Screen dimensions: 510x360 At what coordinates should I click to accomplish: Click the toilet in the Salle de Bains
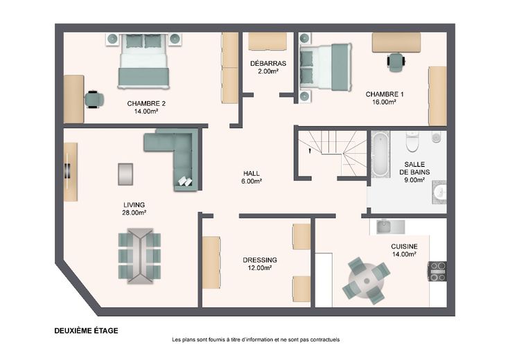pyautogui.click(x=412, y=142)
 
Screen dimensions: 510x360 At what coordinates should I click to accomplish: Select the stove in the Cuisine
pyautogui.click(x=437, y=271)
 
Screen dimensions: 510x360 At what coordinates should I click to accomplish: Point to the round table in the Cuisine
pyautogui.click(x=367, y=280)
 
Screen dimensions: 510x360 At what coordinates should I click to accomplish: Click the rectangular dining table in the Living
pyautogui.click(x=140, y=255)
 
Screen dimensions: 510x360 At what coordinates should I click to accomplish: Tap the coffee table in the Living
pyautogui.click(x=125, y=174)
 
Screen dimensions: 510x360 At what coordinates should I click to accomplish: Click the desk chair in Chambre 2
pyautogui.click(x=94, y=99)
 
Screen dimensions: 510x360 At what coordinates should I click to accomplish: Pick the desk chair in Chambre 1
pyautogui.click(x=396, y=62)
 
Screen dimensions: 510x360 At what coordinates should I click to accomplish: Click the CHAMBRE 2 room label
pyautogui.click(x=146, y=104)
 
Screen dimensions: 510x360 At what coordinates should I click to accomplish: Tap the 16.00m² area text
pyautogui.click(x=384, y=102)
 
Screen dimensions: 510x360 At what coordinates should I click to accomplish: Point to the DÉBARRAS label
pyautogui.click(x=268, y=64)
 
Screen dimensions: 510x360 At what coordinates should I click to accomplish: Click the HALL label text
pyautogui.click(x=252, y=174)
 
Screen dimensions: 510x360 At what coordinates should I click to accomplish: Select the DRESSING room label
pyautogui.click(x=260, y=260)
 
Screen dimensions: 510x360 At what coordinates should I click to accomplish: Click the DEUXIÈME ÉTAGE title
pyautogui.click(x=86, y=331)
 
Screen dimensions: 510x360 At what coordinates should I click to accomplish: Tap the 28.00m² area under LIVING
pyautogui.click(x=134, y=213)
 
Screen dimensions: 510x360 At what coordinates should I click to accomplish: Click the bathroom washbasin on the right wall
pyautogui.click(x=439, y=192)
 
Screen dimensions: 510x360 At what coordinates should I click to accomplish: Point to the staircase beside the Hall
pyautogui.click(x=333, y=152)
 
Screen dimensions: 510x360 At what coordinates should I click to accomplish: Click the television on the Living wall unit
pyautogui.click(x=68, y=170)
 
